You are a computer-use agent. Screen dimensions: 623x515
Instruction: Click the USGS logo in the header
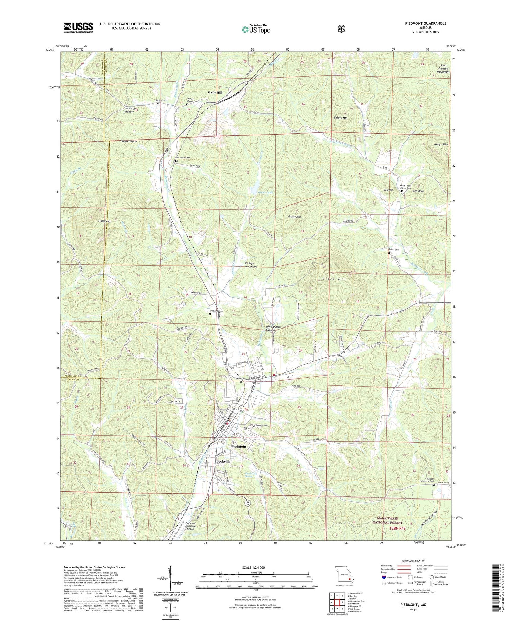point(78,27)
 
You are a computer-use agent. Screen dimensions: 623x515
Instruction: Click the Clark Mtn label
point(334,279)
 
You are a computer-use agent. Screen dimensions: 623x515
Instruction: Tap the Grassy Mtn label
point(294,217)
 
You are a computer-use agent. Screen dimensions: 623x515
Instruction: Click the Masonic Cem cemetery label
point(262,425)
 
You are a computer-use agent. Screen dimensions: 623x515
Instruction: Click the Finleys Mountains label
point(251,265)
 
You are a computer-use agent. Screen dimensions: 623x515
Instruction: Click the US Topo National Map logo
point(256,29)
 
